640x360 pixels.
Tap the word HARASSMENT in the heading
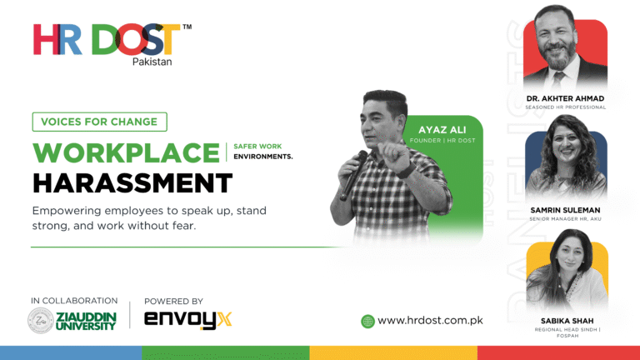(x=132, y=182)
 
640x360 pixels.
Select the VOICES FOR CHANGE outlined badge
(x=99, y=122)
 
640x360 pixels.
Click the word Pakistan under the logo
(x=153, y=62)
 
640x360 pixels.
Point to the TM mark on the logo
(x=187, y=27)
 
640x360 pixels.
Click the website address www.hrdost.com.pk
(x=430, y=320)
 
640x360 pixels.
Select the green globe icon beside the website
(x=367, y=321)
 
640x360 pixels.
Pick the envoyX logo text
(x=188, y=319)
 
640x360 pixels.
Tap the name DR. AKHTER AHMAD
(x=565, y=98)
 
